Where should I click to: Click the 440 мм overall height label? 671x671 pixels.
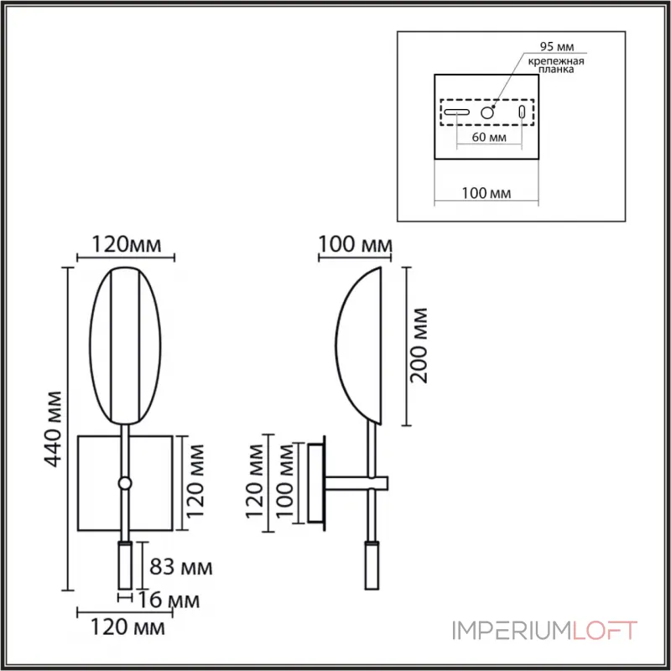51,429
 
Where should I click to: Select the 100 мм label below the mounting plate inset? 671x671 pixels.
487,194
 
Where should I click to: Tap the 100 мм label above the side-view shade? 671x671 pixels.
355,245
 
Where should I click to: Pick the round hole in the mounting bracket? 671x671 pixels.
487,112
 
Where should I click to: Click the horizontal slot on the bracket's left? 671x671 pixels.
456,112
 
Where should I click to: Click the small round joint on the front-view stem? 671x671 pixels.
125,483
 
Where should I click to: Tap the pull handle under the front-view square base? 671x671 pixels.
124,564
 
